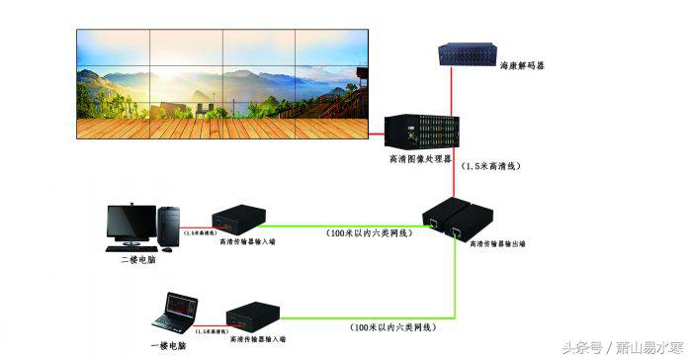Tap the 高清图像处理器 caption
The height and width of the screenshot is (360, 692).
tap(420, 157)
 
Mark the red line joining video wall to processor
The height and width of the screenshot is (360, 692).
tap(377, 130)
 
